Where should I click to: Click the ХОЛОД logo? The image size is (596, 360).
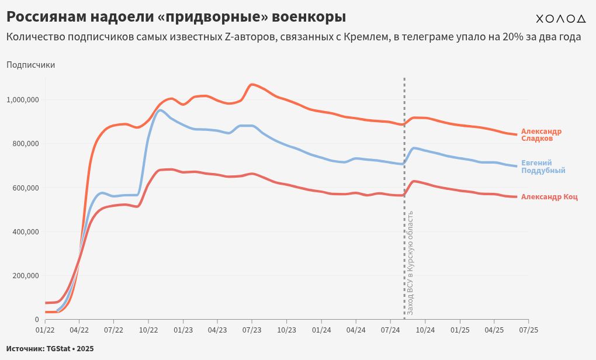pos(560,19)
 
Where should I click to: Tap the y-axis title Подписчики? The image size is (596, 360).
pos(30,65)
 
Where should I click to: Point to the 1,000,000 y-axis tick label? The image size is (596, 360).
pos(22,99)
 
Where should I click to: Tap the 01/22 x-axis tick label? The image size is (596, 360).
pos(45,330)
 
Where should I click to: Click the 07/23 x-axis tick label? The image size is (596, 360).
pos(252,330)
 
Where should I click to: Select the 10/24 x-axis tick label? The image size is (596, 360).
pos(425,330)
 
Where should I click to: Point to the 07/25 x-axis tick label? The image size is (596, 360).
pos(528,330)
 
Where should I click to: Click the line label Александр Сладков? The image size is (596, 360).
pos(541,135)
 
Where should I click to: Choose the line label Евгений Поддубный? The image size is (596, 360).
pos(543,167)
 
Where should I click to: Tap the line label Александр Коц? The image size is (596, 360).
pos(549,197)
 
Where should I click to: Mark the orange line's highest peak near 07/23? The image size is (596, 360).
pos(252,84)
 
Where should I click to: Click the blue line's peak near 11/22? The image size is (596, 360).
pos(160,110)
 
